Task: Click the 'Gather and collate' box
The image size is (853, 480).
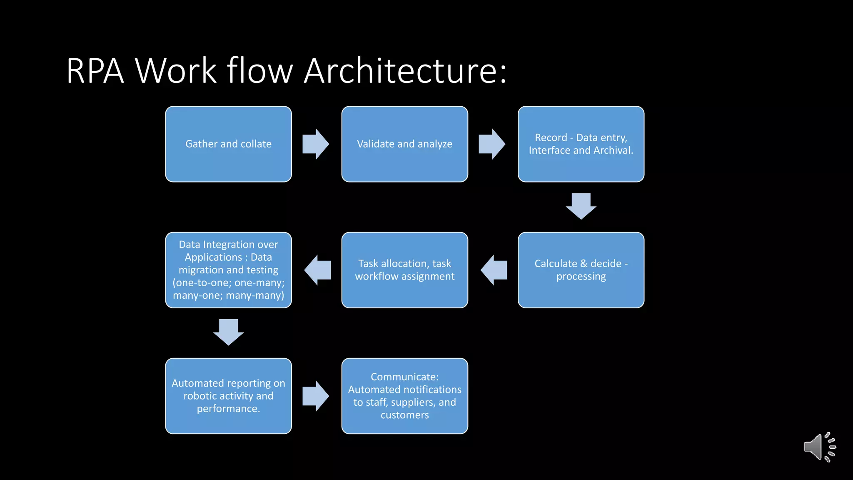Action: point(228,144)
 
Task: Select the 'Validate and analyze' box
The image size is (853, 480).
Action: point(404,144)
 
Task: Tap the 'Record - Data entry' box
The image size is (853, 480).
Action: point(581,144)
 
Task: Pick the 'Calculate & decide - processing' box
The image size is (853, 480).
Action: point(581,270)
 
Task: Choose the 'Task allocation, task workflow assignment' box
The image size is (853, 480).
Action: point(404,270)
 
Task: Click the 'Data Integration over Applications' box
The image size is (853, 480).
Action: point(228,270)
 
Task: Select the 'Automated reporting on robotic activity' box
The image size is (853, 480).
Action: point(228,396)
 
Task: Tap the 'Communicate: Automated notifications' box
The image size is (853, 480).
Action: point(404,396)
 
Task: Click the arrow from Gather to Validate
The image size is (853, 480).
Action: point(316,144)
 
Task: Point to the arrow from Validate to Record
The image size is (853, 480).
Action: point(492,144)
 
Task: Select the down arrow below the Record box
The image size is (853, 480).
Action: point(581,206)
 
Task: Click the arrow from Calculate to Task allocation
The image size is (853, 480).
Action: point(494,270)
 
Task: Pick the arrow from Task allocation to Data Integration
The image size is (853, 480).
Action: point(318,270)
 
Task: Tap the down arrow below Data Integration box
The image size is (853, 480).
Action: point(228,332)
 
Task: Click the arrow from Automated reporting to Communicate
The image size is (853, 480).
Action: point(316,396)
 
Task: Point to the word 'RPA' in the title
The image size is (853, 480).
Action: point(95,71)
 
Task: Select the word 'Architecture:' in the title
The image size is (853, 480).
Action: point(405,71)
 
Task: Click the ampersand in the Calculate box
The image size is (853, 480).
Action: point(583,264)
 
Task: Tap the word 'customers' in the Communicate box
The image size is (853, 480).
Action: point(404,415)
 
